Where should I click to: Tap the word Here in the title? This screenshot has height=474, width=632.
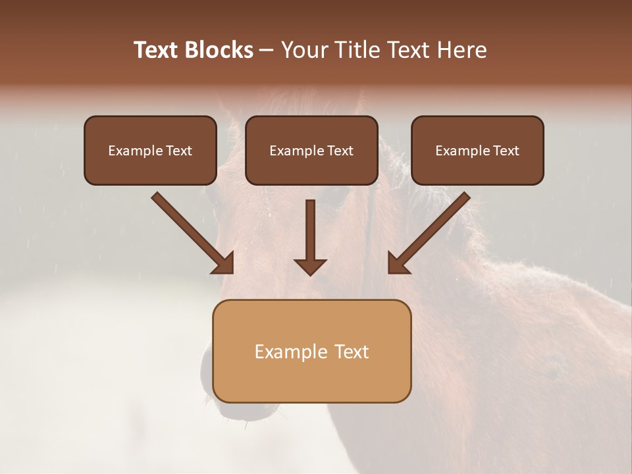pyautogui.click(x=460, y=50)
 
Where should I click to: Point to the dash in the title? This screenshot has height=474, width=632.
pyautogui.click(x=267, y=51)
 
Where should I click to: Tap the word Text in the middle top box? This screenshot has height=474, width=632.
pyautogui.click(x=340, y=151)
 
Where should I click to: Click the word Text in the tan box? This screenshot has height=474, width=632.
pyautogui.click(x=352, y=352)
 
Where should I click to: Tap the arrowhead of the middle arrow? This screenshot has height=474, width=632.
pyautogui.click(x=310, y=266)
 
